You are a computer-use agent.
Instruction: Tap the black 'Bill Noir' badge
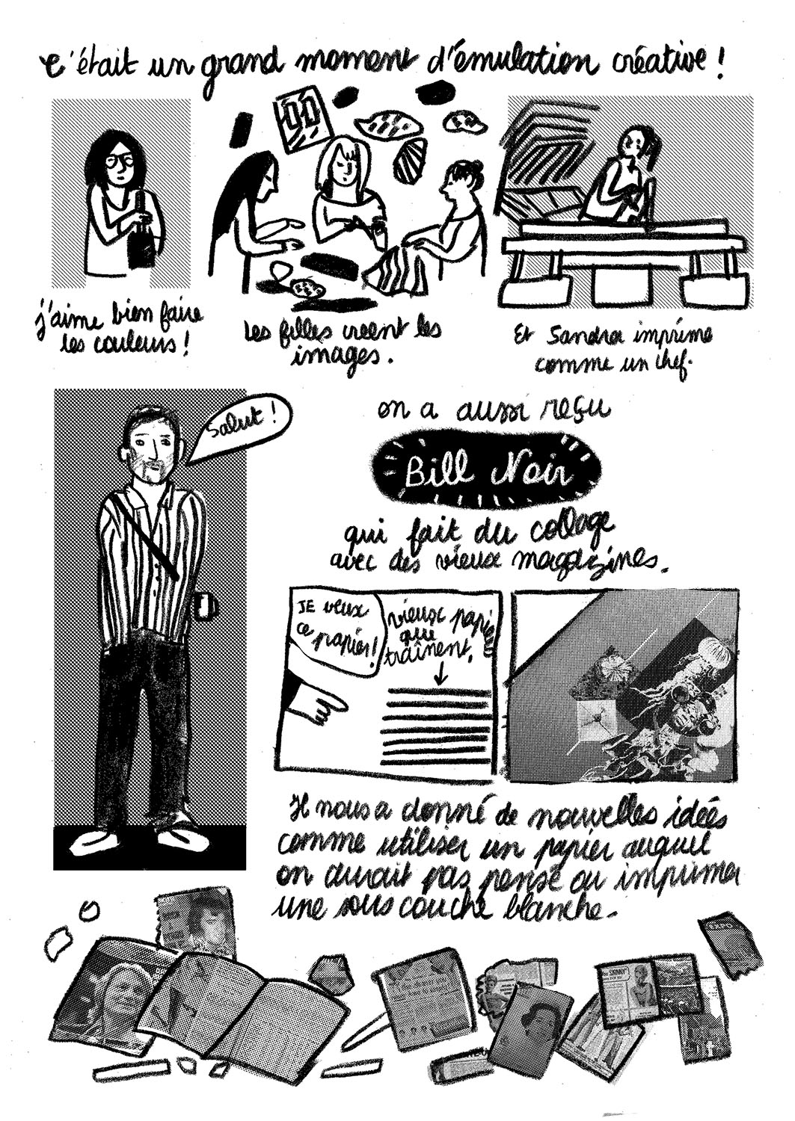[x=488, y=473]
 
